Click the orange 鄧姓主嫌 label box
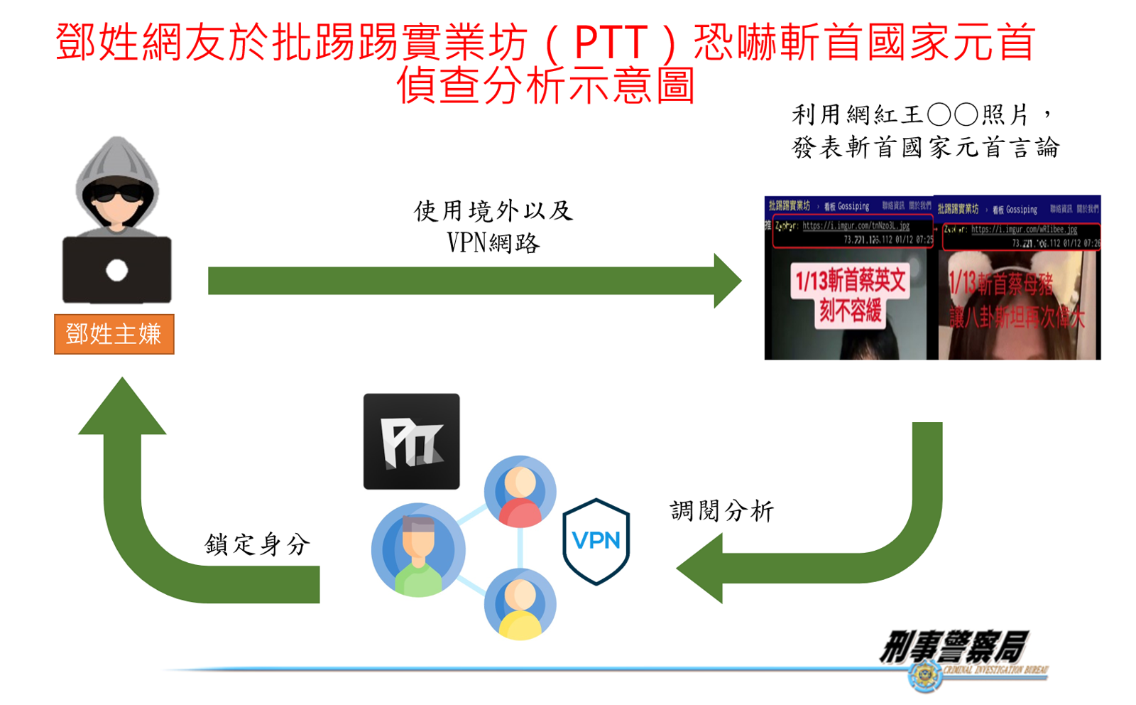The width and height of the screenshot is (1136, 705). [x=114, y=334]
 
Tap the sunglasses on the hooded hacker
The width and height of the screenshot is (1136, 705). [x=117, y=193]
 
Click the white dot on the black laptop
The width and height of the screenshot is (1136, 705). [x=117, y=270]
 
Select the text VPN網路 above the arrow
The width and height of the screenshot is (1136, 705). [x=493, y=243]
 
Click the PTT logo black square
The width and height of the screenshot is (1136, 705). [x=411, y=441]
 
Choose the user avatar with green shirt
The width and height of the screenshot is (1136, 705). [x=418, y=549]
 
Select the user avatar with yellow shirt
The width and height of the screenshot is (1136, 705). [x=520, y=604]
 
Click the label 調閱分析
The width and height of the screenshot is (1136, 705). [x=721, y=511]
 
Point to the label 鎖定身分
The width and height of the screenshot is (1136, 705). [x=257, y=544]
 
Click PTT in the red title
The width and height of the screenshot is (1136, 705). [x=610, y=43]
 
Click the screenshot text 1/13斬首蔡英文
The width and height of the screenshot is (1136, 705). [x=850, y=281]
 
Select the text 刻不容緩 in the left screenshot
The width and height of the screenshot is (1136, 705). [x=850, y=310]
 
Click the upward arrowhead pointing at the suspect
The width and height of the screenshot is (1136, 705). [x=122, y=409]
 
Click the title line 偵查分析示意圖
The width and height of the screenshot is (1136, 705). [x=545, y=85]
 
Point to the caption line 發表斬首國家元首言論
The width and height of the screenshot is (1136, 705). [x=925, y=148]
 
